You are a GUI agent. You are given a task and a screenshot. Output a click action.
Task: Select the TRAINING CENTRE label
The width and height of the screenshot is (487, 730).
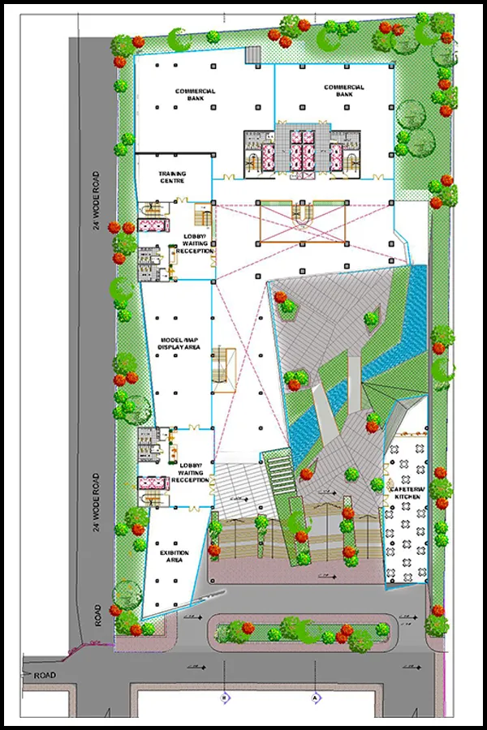(x=172, y=177)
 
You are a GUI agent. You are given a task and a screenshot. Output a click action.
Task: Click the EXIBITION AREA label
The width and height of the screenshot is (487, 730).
(x=173, y=556)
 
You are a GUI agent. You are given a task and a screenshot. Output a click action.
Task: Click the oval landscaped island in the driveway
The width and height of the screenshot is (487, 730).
(x=302, y=630)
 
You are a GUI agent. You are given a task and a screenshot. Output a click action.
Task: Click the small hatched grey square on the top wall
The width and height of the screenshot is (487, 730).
(x=252, y=54)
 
